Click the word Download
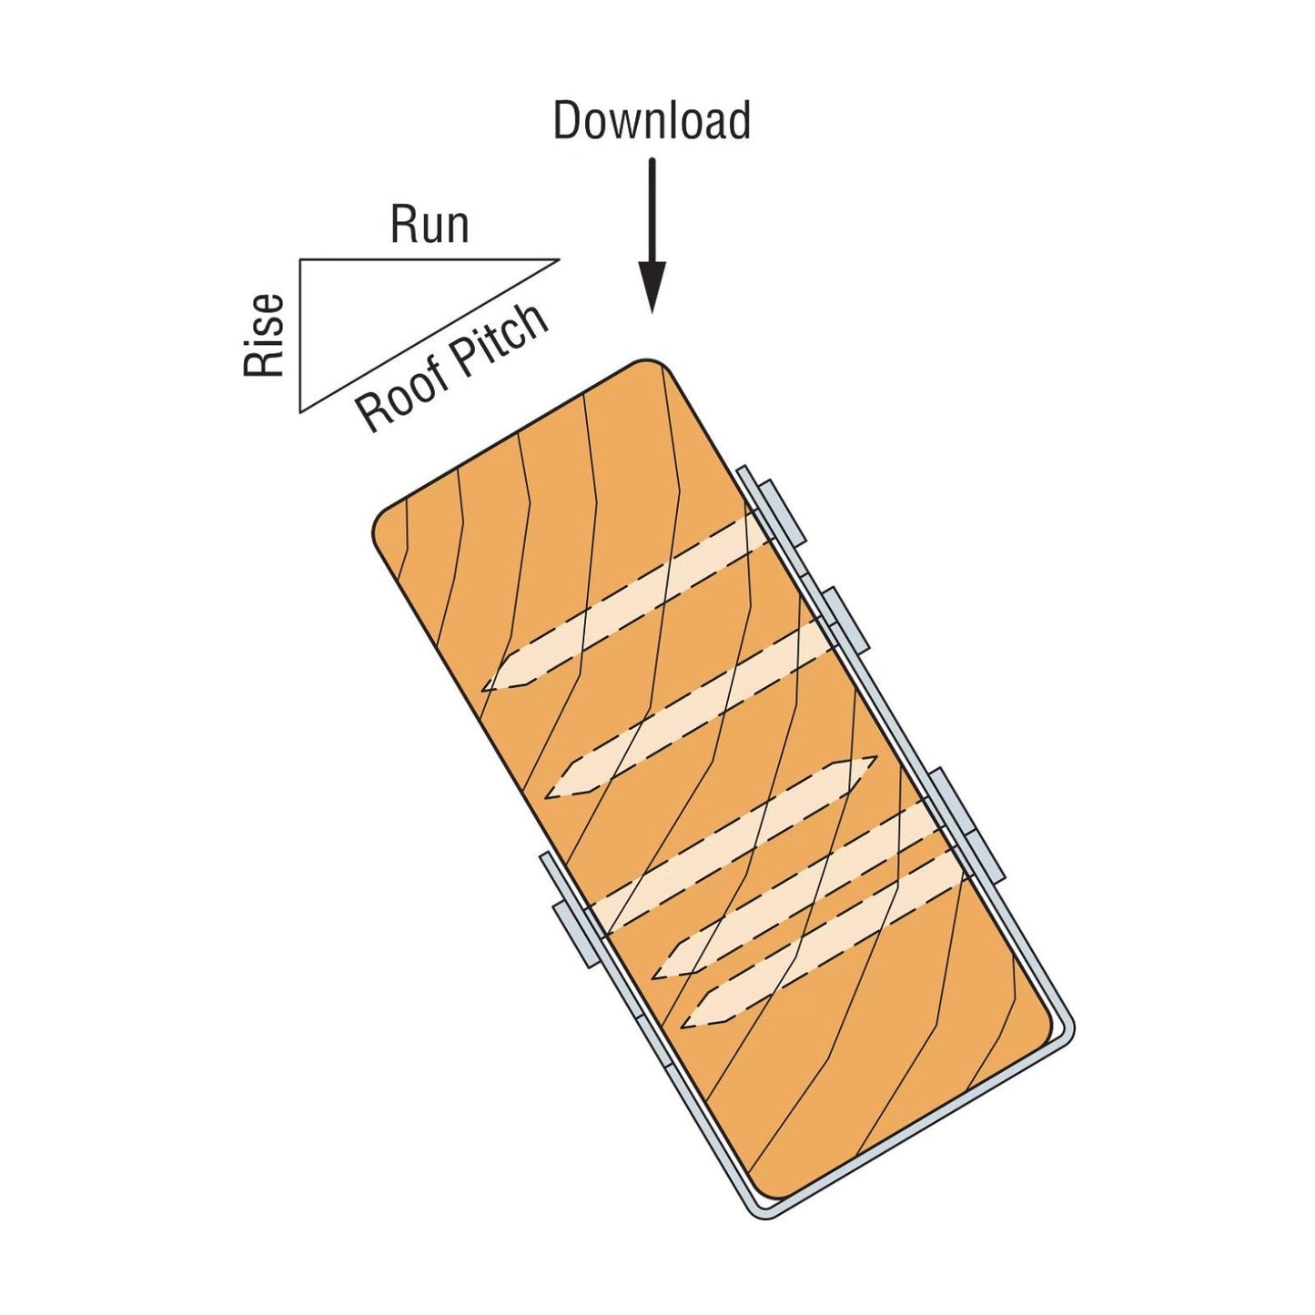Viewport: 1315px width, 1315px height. (652, 121)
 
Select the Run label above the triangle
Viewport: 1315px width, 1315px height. (430, 225)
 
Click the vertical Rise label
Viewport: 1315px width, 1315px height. (265, 336)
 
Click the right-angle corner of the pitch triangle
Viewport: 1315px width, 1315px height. (300, 260)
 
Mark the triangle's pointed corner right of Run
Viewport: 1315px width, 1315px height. (557, 260)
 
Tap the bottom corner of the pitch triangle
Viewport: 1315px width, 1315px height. (300, 411)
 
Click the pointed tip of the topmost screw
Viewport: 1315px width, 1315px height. (484, 689)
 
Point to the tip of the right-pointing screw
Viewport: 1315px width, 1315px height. (875, 757)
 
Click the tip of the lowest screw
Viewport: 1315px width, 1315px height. (683, 1027)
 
